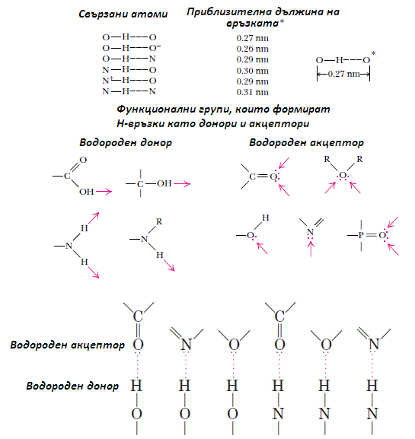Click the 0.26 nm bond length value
tap(252, 49)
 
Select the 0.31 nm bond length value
tap(252, 92)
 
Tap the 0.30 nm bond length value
tap(252, 71)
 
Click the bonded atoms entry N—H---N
tap(129, 91)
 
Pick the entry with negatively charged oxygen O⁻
tap(131, 48)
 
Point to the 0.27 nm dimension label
tap(343, 74)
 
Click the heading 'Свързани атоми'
tap(123, 14)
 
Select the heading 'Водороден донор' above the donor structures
tap(126, 142)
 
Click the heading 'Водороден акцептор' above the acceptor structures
tap(306, 142)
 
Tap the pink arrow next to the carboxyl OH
tap(104, 192)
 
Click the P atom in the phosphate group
tap(361, 235)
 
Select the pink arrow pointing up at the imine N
tap(311, 249)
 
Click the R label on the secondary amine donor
tap(159, 221)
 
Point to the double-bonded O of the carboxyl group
tap(83, 160)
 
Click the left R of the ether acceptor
tap(327, 159)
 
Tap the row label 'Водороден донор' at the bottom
tap(72, 386)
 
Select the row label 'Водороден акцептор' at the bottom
tap(67, 345)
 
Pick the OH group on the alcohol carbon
tap(164, 183)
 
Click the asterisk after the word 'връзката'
tap(282, 22)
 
